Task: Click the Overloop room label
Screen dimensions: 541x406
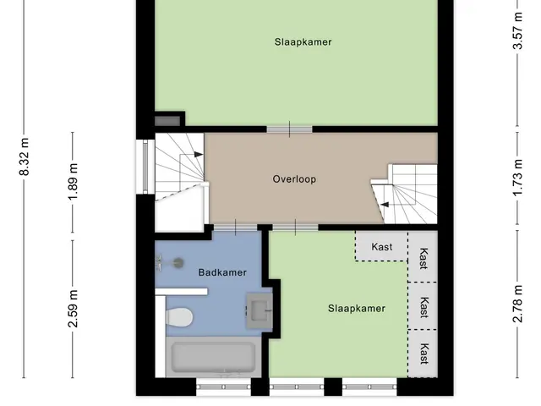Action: pos(294,179)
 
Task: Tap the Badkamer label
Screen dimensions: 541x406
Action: pos(222,272)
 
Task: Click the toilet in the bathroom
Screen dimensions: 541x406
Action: pos(179,317)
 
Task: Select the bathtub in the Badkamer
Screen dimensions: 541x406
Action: pos(214,357)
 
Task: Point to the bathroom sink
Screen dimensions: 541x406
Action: pos(260,310)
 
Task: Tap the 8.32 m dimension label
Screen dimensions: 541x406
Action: pos(25,156)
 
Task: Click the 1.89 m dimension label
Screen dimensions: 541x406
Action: pos(73,181)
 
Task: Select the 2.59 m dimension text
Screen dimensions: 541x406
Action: pos(73,308)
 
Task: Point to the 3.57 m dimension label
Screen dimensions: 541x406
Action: pos(517,30)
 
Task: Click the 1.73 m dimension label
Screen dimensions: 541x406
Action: pos(517,178)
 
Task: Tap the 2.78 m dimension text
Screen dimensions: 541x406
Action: pos(517,304)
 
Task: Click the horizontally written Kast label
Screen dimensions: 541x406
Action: pos(382,247)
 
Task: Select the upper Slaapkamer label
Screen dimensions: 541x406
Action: pos(303,42)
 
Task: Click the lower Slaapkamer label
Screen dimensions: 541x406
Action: pos(357,308)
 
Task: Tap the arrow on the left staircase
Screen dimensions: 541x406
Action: pos(198,154)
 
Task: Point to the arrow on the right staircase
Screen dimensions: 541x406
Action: pos(385,205)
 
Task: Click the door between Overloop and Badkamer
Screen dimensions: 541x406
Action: pos(236,228)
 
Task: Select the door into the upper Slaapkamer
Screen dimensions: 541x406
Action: pos(289,129)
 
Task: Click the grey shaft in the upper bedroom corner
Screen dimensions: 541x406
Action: pos(167,121)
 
